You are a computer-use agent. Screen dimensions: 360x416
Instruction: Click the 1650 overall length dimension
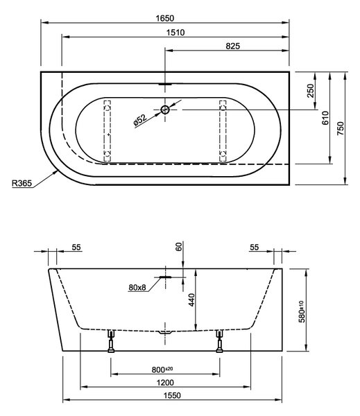[x=165, y=18]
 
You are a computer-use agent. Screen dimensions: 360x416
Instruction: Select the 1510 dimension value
[x=175, y=33]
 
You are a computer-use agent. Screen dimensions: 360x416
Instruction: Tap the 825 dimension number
[x=233, y=46]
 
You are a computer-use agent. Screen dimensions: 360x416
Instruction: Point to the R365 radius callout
[x=22, y=183]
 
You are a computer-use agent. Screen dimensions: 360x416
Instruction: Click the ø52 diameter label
[x=140, y=119]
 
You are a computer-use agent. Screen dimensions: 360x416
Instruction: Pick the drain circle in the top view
[x=165, y=110]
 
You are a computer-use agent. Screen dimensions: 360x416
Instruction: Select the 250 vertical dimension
[x=310, y=91]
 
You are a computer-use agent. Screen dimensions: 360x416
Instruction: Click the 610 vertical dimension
[x=325, y=118]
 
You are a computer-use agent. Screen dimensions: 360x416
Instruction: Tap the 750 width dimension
[x=340, y=128]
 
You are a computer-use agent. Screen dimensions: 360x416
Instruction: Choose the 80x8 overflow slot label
[x=137, y=287]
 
